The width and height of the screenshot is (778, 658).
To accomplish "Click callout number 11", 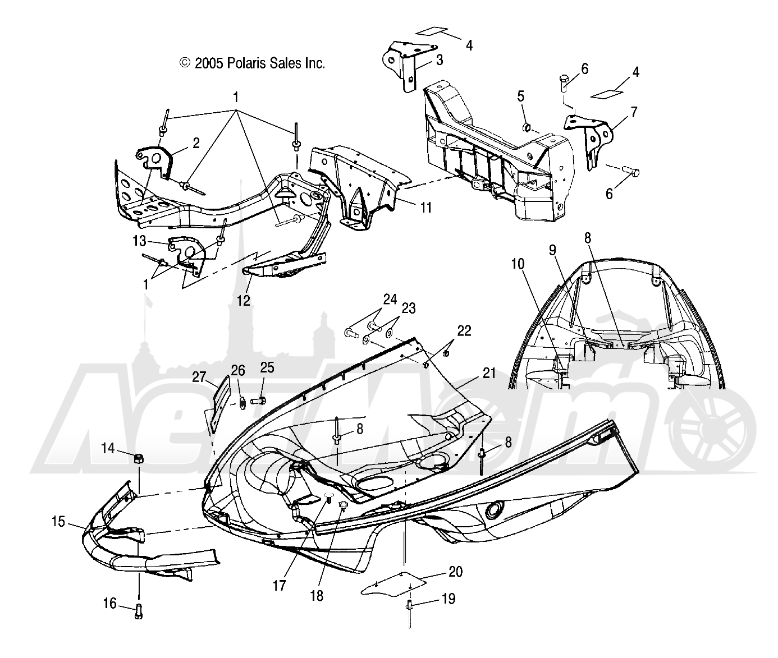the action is [x=426, y=208].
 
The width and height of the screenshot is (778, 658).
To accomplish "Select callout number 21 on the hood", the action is [x=489, y=373].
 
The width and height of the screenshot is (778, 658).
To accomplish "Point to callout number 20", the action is [x=456, y=572].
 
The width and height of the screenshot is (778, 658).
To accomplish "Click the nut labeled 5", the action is [x=527, y=128].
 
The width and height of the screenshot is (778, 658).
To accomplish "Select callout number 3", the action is [x=440, y=60].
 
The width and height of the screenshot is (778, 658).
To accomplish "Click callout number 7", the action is [x=634, y=112].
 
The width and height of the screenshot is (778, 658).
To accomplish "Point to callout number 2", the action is [x=196, y=144].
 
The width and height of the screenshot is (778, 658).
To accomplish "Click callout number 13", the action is [x=139, y=241].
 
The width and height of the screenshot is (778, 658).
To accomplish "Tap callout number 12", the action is [x=244, y=301].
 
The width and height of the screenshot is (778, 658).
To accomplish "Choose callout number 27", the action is [x=199, y=377].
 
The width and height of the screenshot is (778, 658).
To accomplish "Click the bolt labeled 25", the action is [x=258, y=401].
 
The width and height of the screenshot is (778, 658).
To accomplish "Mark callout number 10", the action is [x=518, y=264].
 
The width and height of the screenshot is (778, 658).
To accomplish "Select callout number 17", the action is [x=280, y=586].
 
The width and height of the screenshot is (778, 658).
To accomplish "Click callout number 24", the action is [x=390, y=300].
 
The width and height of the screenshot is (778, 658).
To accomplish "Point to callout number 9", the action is [x=552, y=250].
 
